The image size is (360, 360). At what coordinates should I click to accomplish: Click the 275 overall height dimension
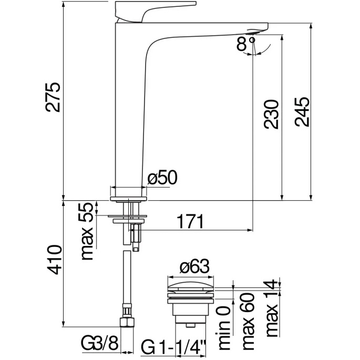(x=53, y=97)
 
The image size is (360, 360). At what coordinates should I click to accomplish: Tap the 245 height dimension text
(x=302, y=112)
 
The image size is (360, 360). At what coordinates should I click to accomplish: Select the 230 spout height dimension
(x=271, y=114)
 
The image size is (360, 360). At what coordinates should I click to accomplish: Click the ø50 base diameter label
(x=162, y=178)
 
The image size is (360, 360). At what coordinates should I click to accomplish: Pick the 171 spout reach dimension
(x=191, y=222)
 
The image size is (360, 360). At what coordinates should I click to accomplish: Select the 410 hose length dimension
(x=54, y=260)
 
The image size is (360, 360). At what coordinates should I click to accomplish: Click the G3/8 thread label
(x=99, y=344)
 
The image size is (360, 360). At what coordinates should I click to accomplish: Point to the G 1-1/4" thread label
(x=173, y=347)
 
